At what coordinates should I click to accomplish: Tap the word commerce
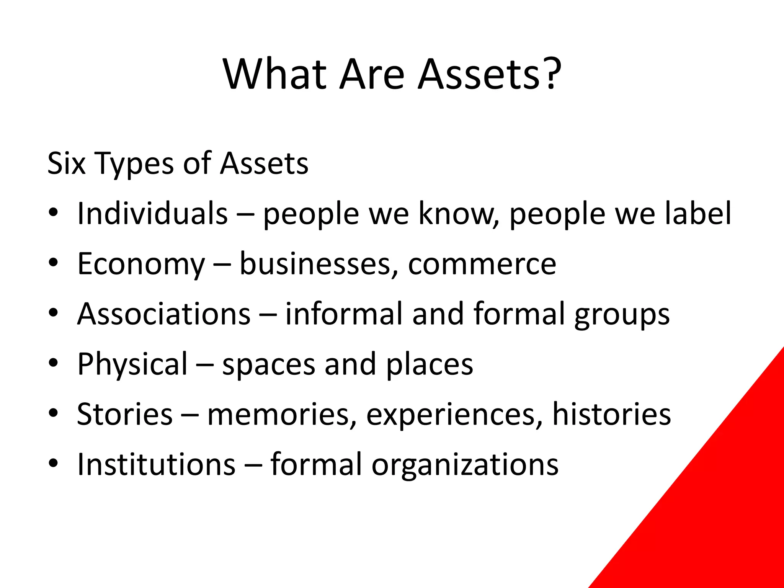[482, 264]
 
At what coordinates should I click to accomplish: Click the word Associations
[163, 314]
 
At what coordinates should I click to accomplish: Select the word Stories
[125, 414]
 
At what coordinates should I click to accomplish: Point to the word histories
[611, 414]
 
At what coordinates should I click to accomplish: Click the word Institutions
[156, 464]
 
